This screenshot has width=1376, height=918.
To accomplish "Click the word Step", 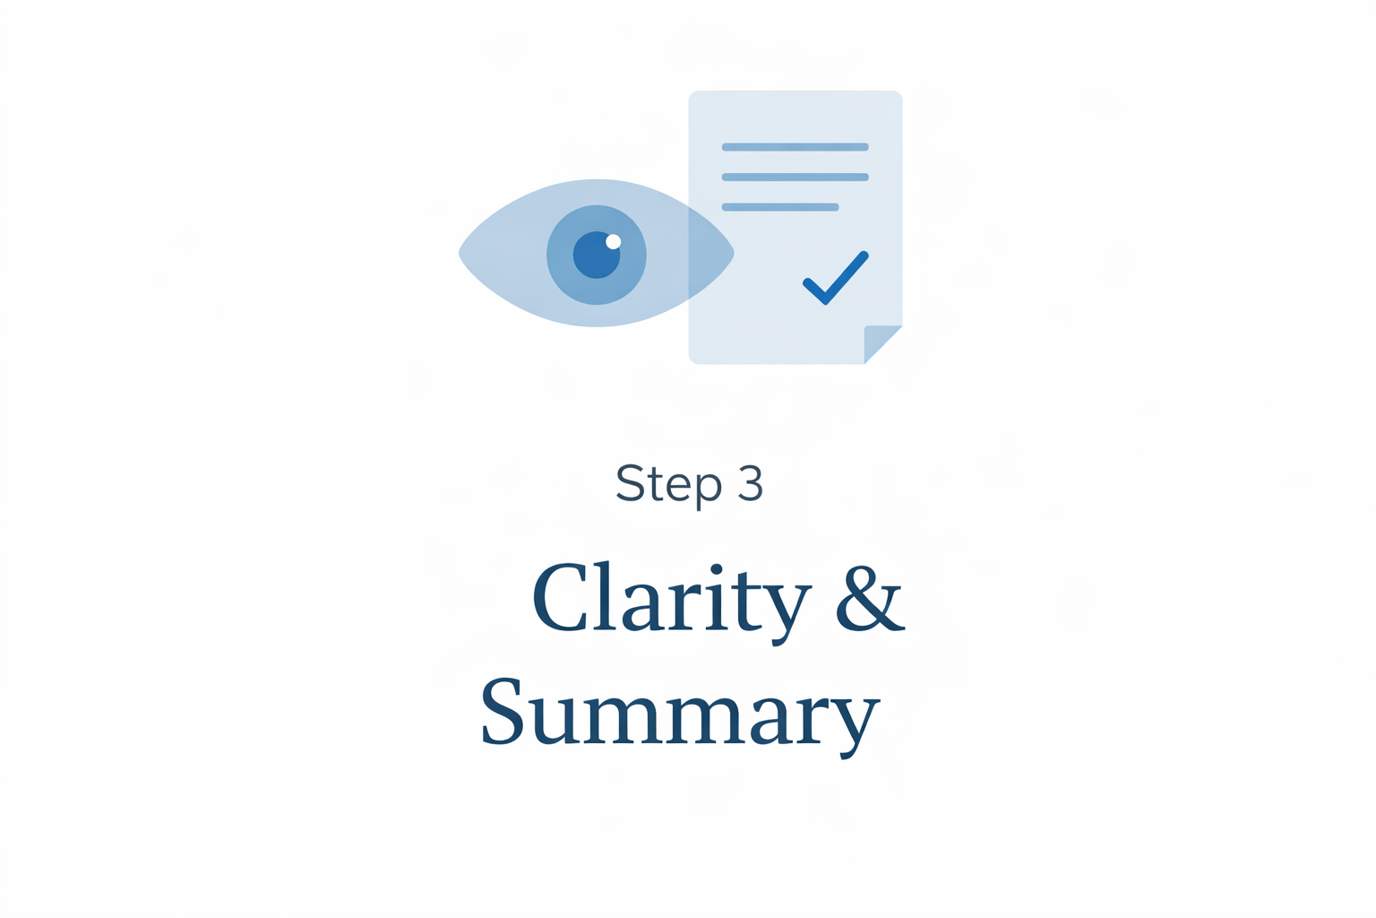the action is [x=668, y=484].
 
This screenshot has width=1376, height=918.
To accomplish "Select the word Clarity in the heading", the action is [x=671, y=599].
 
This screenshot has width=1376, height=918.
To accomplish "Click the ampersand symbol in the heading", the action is [x=869, y=598].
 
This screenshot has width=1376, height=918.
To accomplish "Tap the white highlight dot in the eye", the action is [x=614, y=241].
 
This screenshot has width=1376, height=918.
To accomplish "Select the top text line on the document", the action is [x=795, y=147].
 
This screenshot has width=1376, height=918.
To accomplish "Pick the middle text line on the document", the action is [x=795, y=178].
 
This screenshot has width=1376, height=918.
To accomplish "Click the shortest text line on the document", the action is [x=779, y=207].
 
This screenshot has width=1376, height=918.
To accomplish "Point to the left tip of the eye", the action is [x=462, y=253].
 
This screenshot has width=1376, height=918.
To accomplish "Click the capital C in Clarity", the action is [x=561, y=598].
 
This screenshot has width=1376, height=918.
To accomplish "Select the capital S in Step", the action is [x=630, y=483].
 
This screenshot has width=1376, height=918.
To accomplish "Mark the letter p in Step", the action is [x=708, y=489].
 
